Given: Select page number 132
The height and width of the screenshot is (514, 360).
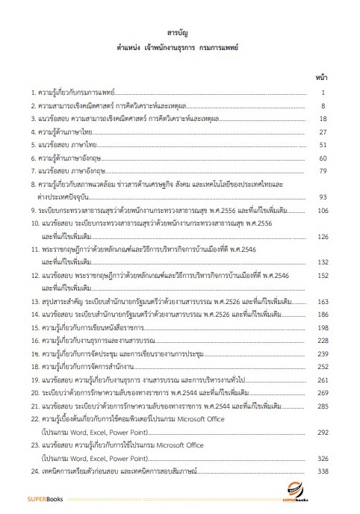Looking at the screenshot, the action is pos(322,262).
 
